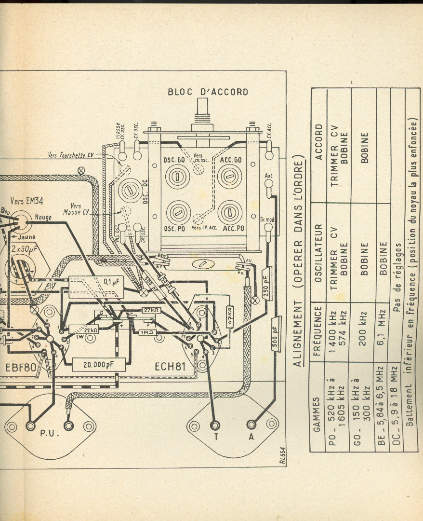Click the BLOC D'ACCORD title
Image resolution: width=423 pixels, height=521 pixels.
tap(208, 92)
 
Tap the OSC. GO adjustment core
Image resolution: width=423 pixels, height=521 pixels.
tap(177, 176)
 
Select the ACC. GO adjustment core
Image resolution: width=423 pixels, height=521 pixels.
tap(229, 176)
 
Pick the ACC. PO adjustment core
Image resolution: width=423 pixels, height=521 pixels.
tap(229, 212)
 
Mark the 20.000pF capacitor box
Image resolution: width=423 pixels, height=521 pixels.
tap(98, 365)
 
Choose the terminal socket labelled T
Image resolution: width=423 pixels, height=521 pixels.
tap(215, 425)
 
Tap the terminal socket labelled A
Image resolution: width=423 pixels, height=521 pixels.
tap(251, 425)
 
